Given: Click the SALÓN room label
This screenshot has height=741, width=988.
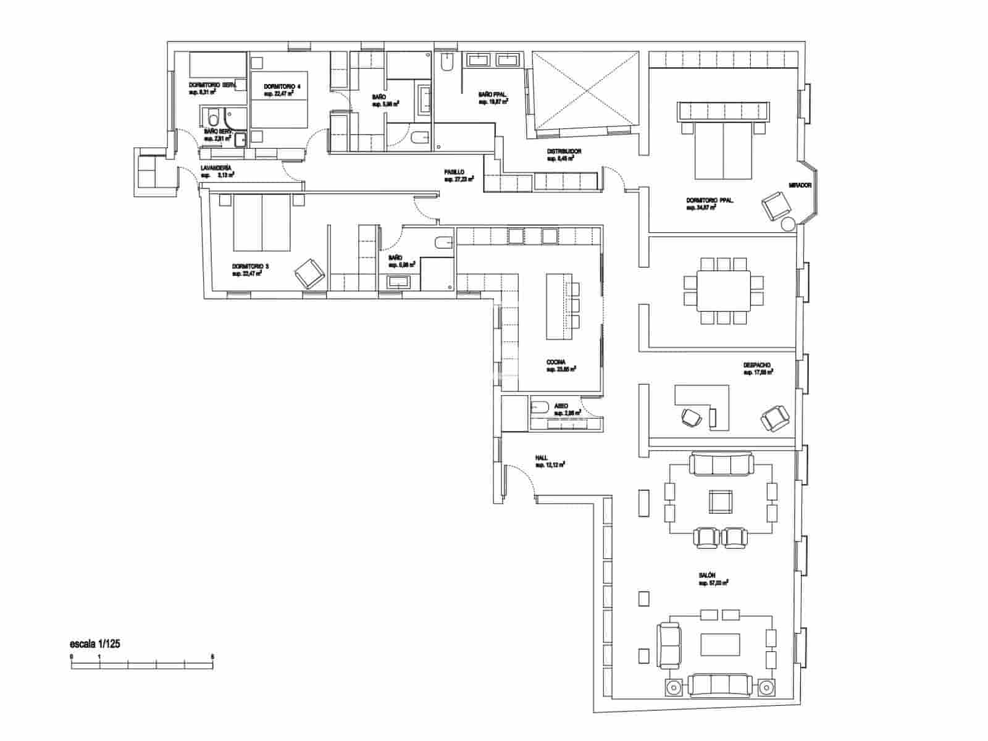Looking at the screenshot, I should pos(708,575).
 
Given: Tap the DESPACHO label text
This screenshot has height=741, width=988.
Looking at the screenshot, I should pos(756,365).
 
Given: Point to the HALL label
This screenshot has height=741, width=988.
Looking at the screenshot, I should pos(542,458).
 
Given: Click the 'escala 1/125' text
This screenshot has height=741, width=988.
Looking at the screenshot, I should pos(95,643).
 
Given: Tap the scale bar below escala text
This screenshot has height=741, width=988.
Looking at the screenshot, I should pos(141,665).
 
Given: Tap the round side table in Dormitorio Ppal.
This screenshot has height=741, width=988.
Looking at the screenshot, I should pos(788,225).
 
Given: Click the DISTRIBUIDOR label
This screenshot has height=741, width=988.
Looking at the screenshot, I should pos(564,151).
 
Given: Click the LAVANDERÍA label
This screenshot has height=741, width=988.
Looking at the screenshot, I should pos(216,168).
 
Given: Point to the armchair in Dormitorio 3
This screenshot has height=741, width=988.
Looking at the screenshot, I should pos(309,273).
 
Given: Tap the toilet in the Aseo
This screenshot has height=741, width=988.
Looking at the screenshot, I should pos(540,406).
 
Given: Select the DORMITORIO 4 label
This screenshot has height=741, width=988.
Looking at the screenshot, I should pos(282,86).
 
